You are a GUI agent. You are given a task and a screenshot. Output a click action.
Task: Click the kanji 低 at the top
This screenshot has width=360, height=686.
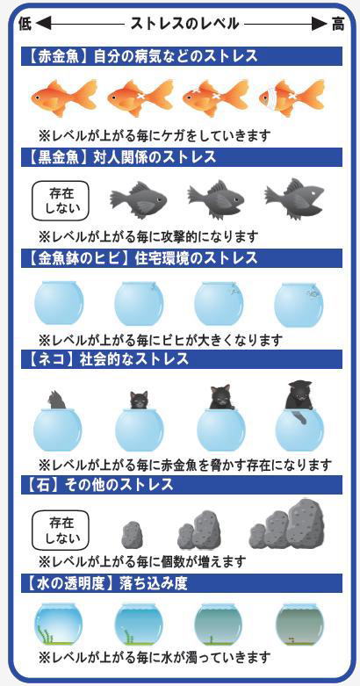click(x=25, y=24)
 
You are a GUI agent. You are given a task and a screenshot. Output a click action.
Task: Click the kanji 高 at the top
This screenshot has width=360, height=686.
click(x=337, y=24)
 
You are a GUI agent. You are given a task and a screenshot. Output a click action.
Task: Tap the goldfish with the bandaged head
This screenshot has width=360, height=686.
click(x=292, y=97)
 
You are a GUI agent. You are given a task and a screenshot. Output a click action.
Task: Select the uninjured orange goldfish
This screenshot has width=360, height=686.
click(x=64, y=97)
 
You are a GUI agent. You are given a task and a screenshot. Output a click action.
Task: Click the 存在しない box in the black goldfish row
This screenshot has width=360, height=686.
click(x=60, y=201)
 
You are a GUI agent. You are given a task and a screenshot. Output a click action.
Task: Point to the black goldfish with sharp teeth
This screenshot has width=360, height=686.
click(x=294, y=199)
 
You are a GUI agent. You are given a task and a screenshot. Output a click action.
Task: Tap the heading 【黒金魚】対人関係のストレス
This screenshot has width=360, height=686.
click(x=122, y=157)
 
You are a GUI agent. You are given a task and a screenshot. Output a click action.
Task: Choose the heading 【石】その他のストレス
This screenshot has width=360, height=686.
click(x=101, y=484)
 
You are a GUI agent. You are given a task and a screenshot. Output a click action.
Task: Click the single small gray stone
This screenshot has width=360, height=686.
click(x=130, y=535)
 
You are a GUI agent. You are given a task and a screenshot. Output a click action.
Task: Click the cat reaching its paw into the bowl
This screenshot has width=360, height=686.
click(x=299, y=401)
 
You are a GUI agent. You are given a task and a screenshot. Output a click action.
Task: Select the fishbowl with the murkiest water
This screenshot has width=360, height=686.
click(x=299, y=625)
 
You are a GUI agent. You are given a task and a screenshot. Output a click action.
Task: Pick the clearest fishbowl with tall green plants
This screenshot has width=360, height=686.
click(x=58, y=625)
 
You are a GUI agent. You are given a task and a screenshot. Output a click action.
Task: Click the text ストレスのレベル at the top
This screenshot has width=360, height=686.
click(x=184, y=24)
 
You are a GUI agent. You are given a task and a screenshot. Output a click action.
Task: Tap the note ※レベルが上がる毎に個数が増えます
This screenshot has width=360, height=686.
click(x=142, y=560)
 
